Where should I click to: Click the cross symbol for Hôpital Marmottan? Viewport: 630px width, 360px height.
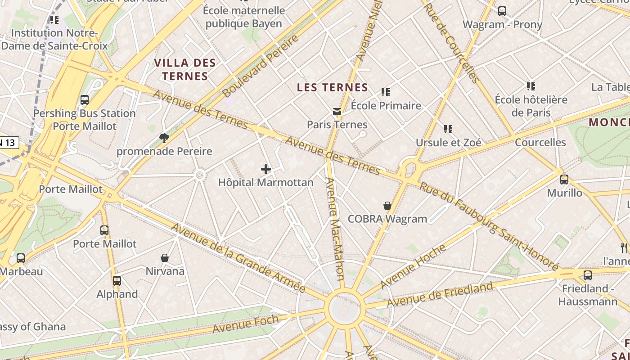point(266,169)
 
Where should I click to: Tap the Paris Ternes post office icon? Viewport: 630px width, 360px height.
point(337,112)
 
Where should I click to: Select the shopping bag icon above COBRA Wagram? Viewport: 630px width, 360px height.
point(387,206)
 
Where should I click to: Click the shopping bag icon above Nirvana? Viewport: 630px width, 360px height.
point(165,258)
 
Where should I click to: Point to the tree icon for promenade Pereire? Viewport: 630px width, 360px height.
point(164,138)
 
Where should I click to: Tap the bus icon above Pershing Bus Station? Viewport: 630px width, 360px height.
point(85,100)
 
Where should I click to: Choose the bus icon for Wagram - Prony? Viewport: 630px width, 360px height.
point(502,11)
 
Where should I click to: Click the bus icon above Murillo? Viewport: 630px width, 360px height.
point(564,180)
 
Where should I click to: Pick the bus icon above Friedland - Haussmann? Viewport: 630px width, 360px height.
point(588,275)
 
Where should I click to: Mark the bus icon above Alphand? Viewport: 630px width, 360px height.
point(117,281)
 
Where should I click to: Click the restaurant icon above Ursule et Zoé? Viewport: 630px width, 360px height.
point(448,129)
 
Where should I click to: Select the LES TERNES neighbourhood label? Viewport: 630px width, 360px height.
point(333,87)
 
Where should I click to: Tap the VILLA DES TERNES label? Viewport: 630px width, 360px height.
point(185,69)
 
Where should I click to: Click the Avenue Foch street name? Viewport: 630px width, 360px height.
point(246,324)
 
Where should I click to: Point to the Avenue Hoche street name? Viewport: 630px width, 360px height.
point(414,266)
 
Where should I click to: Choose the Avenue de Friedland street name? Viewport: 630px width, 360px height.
point(440,295)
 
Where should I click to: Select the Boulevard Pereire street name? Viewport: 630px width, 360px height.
point(261,66)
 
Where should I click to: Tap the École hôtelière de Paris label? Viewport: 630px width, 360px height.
point(531,106)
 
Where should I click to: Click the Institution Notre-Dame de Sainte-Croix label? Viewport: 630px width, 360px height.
point(54,39)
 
